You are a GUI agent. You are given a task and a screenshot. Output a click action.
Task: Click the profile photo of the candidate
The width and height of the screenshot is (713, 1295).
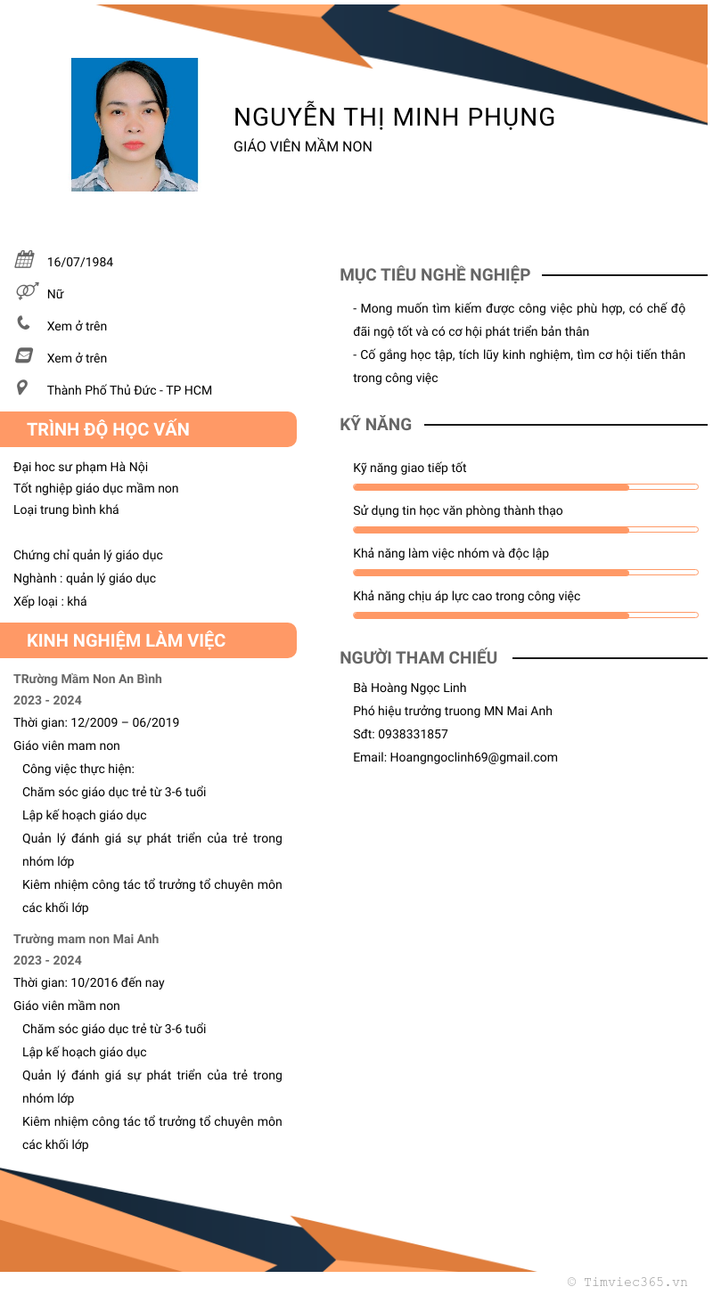click(135, 125)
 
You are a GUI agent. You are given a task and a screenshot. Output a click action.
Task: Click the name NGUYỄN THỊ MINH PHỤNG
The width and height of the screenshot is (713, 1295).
click(394, 117)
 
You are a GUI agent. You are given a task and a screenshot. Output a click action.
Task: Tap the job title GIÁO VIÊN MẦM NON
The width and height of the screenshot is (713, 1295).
click(303, 146)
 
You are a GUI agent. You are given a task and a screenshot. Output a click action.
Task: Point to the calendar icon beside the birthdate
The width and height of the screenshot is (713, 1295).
click(24, 260)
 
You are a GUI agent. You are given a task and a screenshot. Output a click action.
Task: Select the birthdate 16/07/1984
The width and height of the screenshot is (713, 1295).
click(80, 262)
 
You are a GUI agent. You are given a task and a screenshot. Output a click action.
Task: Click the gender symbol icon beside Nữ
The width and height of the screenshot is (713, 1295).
click(26, 291)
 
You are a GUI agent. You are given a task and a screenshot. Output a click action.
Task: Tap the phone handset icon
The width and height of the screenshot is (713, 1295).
click(24, 323)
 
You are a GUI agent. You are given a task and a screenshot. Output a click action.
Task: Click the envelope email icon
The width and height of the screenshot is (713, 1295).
click(24, 356)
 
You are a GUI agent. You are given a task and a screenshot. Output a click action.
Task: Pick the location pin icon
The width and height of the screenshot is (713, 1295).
click(23, 387)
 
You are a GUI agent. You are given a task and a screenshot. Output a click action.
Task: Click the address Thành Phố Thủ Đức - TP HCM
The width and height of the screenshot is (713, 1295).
click(129, 390)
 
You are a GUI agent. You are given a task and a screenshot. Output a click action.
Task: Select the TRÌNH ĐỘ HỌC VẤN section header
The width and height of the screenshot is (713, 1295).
click(109, 429)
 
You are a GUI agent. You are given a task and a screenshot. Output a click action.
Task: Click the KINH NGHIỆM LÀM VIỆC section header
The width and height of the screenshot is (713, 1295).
click(127, 640)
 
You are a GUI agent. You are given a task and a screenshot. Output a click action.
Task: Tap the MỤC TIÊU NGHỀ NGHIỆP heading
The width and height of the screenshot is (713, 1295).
click(435, 275)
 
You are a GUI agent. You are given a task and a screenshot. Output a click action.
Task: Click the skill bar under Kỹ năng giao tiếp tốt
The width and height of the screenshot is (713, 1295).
click(525, 487)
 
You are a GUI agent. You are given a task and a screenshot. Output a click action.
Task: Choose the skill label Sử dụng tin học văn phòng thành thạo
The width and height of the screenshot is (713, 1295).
click(458, 510)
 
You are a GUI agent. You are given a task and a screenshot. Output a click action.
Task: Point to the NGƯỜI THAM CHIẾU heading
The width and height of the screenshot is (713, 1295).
click(418, 658)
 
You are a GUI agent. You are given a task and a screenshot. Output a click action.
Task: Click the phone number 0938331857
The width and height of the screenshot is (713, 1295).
click(413, 734)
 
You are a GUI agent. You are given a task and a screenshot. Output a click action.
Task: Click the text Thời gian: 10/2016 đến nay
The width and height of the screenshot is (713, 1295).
click(89, 982)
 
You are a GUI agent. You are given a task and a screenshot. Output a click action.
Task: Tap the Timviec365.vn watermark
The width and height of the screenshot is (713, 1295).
click(628, 1282)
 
